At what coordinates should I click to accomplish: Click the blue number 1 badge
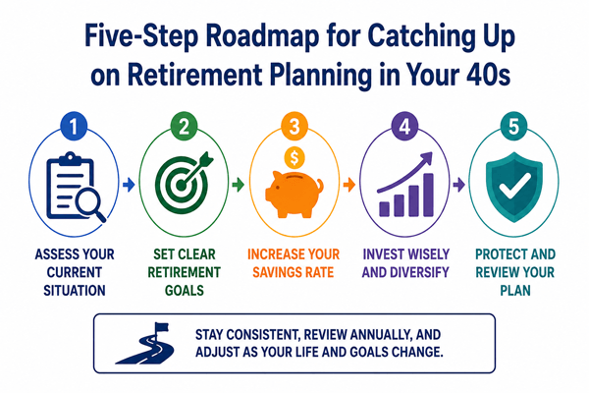click(74, 126)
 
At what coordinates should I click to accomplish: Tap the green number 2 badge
click(184, 126)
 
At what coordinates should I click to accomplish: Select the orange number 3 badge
click(294, 126)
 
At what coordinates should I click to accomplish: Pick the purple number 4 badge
click(404, 126)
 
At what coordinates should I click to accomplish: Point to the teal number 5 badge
click(513, 126)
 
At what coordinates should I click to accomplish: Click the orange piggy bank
click(294, 194)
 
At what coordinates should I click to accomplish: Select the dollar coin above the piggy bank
click(294, 158)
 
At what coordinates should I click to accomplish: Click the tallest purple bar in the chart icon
click(428, 195)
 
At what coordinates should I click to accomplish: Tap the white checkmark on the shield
click(514, 186)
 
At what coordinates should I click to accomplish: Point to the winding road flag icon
click(145, 343)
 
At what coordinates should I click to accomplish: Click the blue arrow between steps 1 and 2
click(129, 185)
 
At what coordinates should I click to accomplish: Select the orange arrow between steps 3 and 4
click(349, 185)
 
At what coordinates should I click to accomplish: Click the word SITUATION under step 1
click(75, 291)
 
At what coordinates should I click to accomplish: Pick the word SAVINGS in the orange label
click(275, 272)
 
